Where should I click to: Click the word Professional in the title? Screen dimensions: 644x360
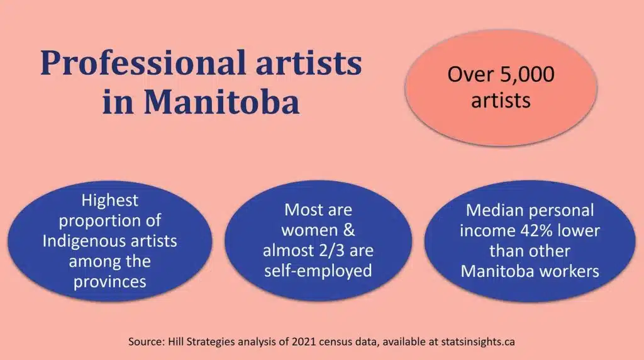point(143,64)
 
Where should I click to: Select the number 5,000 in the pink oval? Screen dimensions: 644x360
point(528,75)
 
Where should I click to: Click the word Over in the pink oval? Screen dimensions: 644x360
point(470,74)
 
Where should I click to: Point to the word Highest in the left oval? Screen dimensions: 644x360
point(109,201)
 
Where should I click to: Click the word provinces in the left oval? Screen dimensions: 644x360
point(109,282)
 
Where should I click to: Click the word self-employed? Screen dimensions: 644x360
point(318,271)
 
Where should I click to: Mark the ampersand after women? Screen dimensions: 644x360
point(349,230)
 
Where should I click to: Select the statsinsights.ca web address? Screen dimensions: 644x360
point(478,342)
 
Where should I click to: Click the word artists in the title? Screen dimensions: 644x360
point(309,64)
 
